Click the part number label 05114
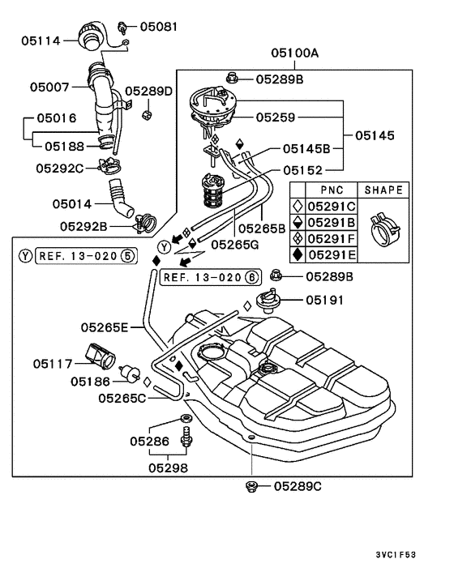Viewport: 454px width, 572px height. pos(41,41)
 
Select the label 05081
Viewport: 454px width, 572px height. pos(159,27)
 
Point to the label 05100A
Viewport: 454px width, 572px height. pos(295,53)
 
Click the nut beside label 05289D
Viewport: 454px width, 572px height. pos(147,115)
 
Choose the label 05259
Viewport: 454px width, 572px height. pos(276,117)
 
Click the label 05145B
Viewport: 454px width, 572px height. pos(306,149)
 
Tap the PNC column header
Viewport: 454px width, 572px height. pos(332,190)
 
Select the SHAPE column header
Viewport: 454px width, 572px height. pos(383,190)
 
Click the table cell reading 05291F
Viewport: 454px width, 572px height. pos(332,238)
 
